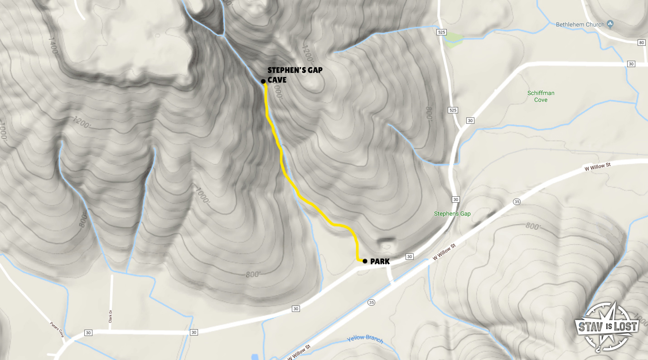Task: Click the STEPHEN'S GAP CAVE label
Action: tap(295, 75)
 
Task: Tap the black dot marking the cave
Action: tap(263, 81)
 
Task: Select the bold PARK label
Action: tap(380, 261)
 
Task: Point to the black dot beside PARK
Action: tap(365, 261)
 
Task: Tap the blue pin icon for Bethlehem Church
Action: tap(610, 24)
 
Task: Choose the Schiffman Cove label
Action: tap(541, 96)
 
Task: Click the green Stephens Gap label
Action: tap(452, 214)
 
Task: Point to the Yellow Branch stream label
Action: tap(365, 339)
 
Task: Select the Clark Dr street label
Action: tap(110, 316)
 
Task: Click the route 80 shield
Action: tap(641, 43)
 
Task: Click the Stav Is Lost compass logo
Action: tap(607, 326)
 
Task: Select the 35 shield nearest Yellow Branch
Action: tap(372, 302)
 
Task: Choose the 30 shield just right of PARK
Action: tap(410, 257)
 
